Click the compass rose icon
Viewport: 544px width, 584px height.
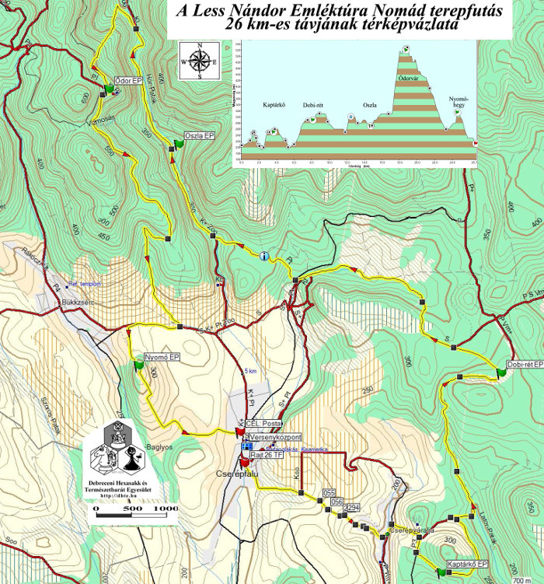tap(199, 59)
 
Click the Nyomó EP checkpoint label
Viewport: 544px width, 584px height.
tap(162, 357)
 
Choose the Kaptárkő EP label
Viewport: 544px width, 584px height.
tap(467, 563)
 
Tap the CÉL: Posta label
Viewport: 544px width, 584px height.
tap(263, 423)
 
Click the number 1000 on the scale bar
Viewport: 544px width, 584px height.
tap(166, 509)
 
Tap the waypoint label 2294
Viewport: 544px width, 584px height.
tap(352, 507)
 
